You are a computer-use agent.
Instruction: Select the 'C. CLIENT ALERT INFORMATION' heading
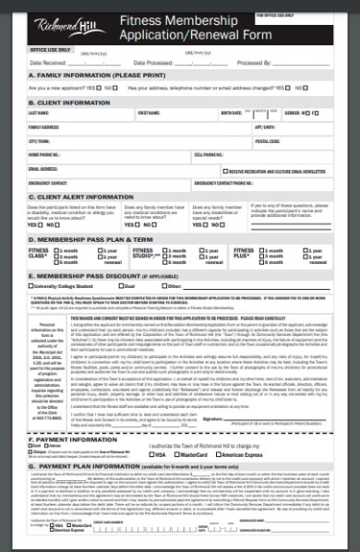tap(81, 196)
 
